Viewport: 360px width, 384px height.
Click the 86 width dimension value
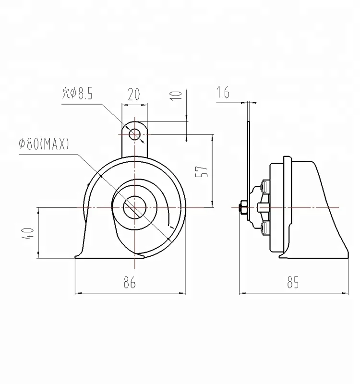(129, 283)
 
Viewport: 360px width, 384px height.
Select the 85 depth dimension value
(293, 283)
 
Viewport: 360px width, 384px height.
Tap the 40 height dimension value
(29, 233)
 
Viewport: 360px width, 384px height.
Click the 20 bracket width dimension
(134, 94)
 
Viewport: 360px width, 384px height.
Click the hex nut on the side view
(242, 207)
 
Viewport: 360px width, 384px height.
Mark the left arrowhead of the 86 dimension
(78, 292)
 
